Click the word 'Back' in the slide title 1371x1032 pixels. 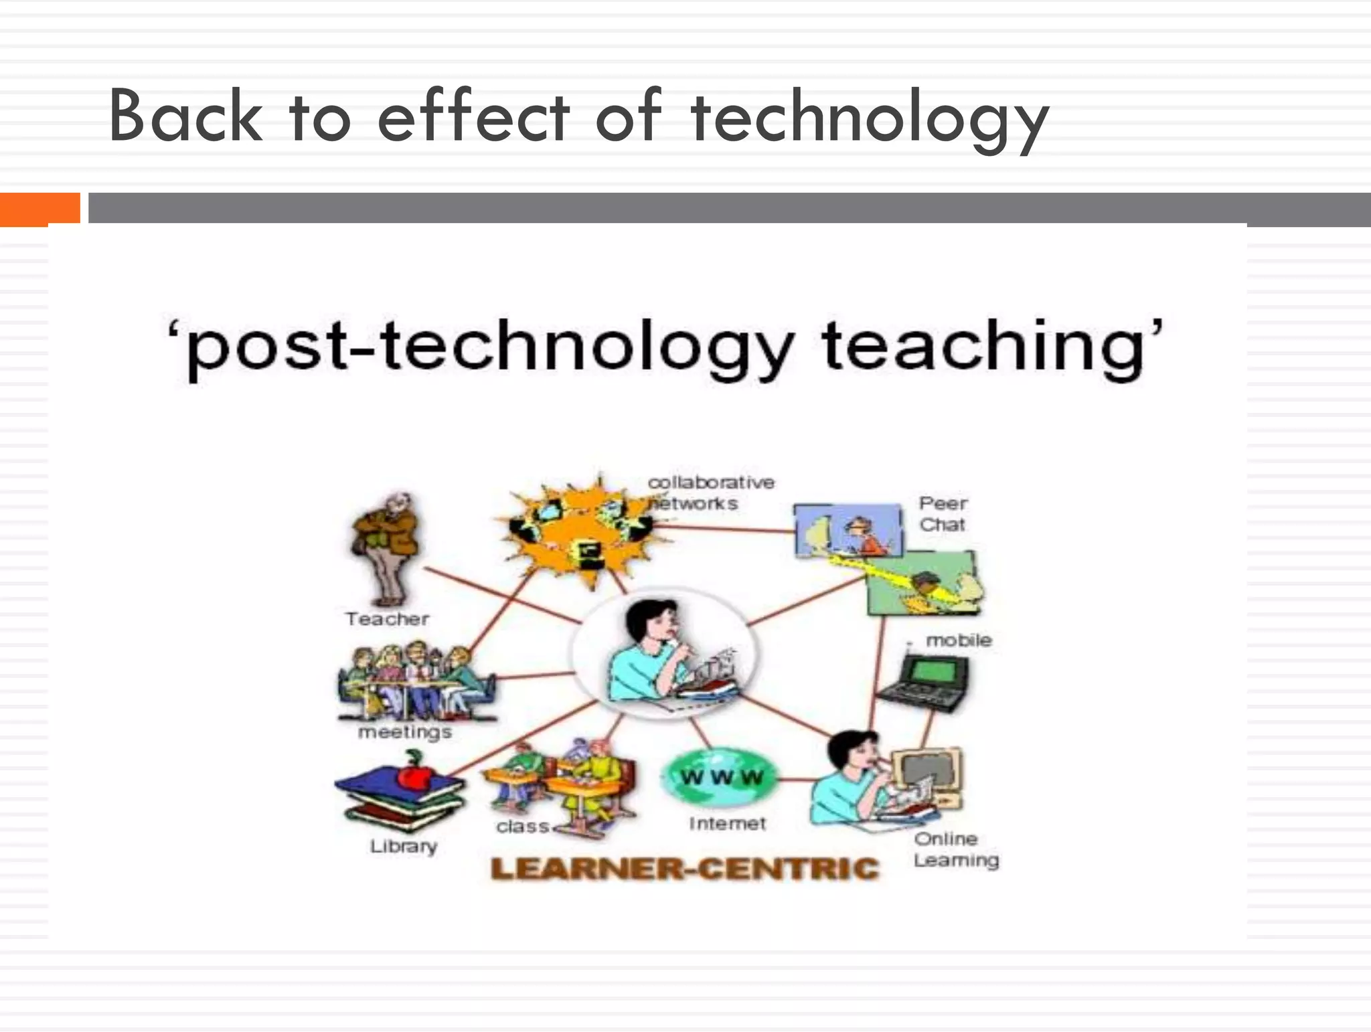[x=185, y=116]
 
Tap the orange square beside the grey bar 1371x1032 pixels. [x=39, y=208]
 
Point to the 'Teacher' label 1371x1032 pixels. [x=387, y=619]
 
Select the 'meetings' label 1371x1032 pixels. [x=405, y=732]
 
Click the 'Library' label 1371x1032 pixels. [x=404, y=847]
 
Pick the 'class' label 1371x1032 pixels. [x=523, y=827]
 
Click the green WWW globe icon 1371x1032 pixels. [x=722, y=777]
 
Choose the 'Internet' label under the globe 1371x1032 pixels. [x=727, y=824]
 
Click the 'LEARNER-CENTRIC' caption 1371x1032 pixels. [x=684, y=869]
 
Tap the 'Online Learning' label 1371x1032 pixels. [x=955, y=849]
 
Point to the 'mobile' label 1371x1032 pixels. [x=958, y=640]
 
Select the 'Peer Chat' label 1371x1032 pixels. [x=943, y=514]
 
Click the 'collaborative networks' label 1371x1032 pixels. [x=710, y=493]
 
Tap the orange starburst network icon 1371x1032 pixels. [x=581, y=529]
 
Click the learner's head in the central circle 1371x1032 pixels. [x=649, y=619]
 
